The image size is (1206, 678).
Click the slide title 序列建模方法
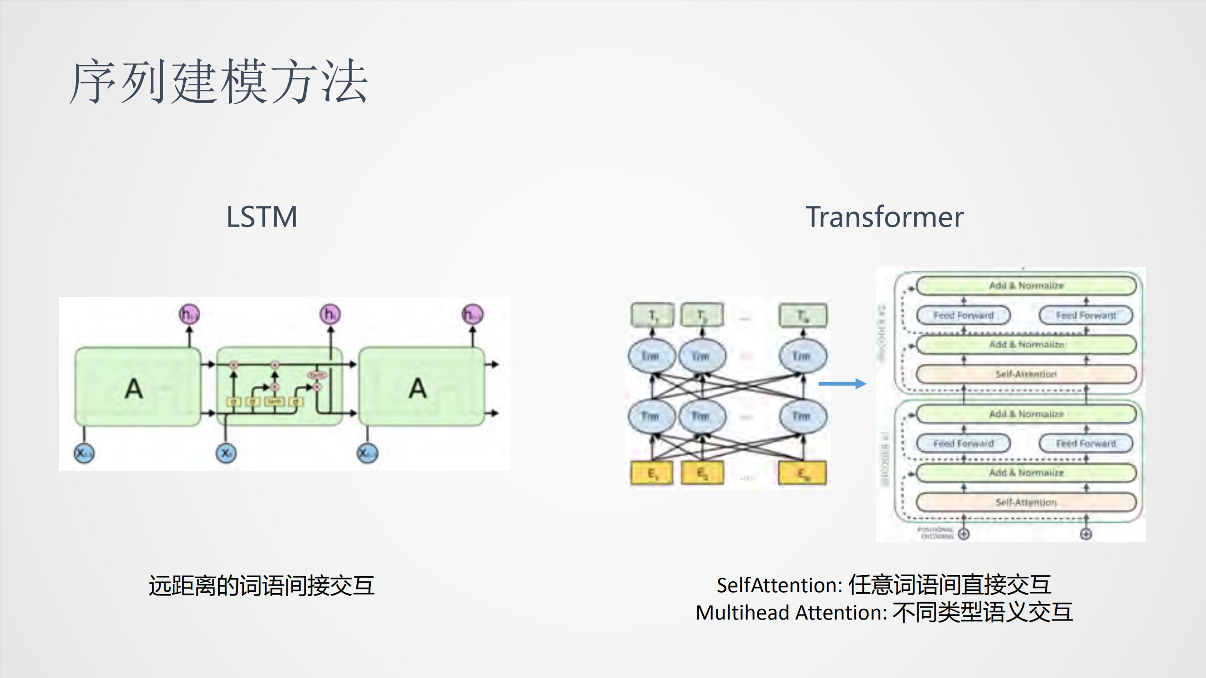pos(219,82)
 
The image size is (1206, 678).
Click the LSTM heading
pos(262,217)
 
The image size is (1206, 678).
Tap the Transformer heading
pos(884,217)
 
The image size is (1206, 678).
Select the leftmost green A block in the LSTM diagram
pos(137,387)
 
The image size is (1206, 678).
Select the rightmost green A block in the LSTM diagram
pos(421,387)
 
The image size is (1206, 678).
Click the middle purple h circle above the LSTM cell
pos(330,314)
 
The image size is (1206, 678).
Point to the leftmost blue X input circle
pos(84,453)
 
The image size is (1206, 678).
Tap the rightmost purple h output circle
pos(472,314)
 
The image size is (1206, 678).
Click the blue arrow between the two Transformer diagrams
pos(842,384)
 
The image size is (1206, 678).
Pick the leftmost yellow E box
pos(652,473)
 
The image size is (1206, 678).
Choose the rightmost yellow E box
pos(802,473)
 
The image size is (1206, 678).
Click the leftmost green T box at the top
pos(652,315)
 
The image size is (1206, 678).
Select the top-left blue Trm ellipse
pos(651,356)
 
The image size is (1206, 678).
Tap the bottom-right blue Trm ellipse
pos(802,416)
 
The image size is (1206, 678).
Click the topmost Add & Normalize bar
pos(1026,286)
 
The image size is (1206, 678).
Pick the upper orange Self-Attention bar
pos(1026,374)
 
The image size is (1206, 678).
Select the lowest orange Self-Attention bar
pos(1026,502)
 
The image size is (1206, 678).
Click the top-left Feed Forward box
pos(963,315)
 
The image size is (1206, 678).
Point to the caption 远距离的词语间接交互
pos(262,586)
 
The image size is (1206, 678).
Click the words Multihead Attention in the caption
pos(789,613)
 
